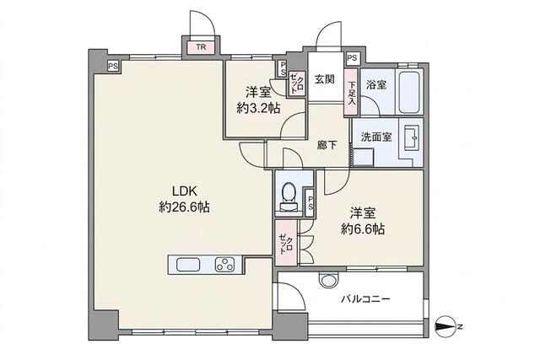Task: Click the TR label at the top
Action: tap(202, 47)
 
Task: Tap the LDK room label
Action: tap(184, 191)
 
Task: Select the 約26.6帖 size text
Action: tap(184, 207)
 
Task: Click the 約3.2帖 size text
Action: tap(258, 109)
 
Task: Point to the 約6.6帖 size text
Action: tap(363, 228)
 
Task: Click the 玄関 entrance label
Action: tap(324, 79)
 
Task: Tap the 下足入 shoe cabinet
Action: tap(351, 93)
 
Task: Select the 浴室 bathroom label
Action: tap(376, 84)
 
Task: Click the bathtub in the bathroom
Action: tap(411, 92)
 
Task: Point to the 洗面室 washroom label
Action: tap(376, 137)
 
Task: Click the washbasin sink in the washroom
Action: tap(411, 137)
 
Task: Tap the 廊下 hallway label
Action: tap(327, 145)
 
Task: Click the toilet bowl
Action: tap(289, 196)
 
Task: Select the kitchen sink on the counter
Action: tap(188, 265)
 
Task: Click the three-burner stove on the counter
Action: tap(225, 265)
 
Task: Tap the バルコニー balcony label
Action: tap(365, 298)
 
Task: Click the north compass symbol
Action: tap(445, 326)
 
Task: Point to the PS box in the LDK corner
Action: tap(113, 66)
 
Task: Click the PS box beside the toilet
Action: tap(310, 203)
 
